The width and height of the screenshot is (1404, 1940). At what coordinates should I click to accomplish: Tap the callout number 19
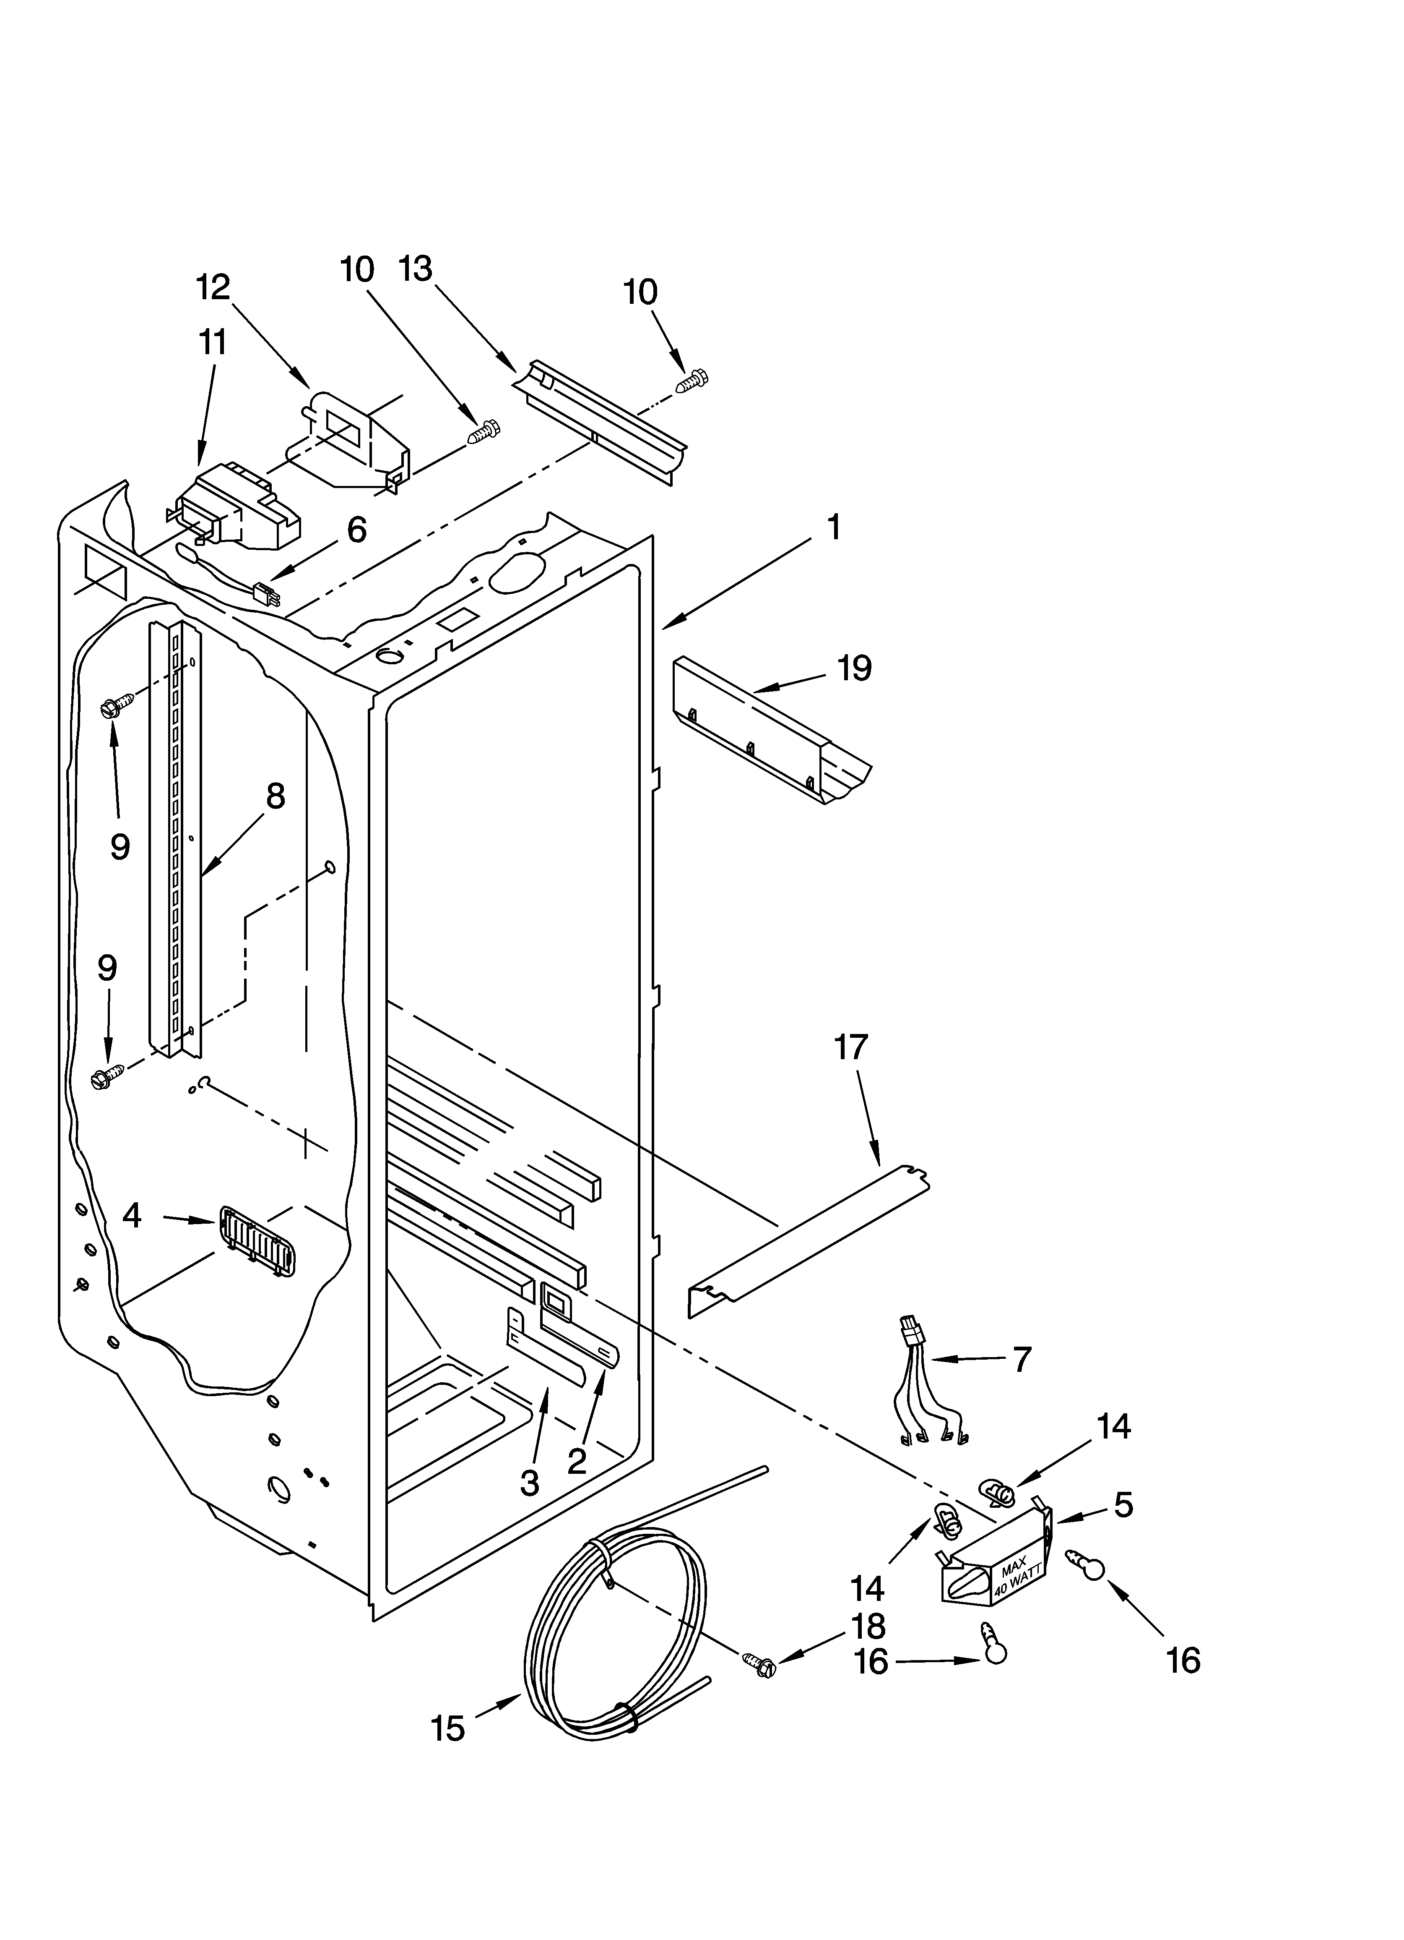point(853,668)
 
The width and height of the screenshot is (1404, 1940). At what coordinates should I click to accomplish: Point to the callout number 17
point(851,1047)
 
